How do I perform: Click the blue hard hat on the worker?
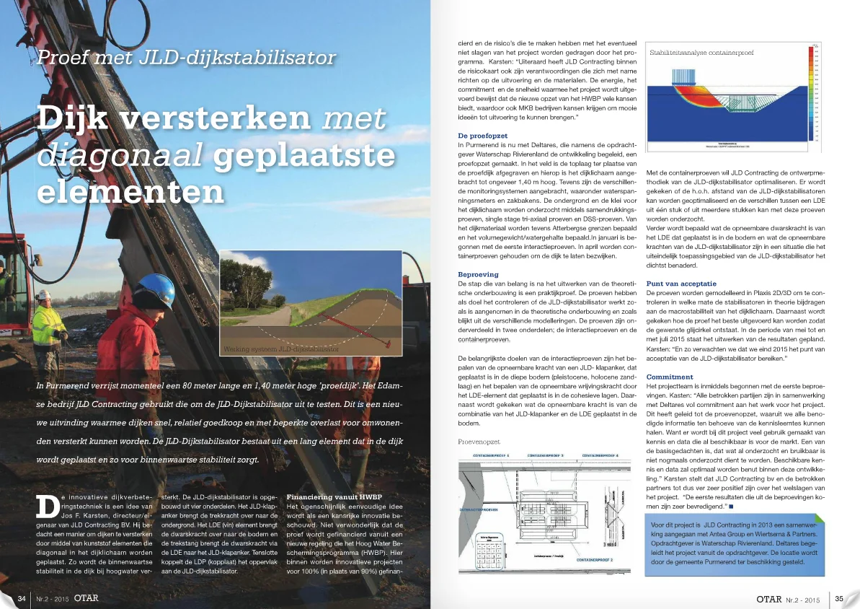pos(156,286)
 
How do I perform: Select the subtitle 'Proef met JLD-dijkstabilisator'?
pos(187,57)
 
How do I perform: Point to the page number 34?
pos(22,597)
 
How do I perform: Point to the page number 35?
pos(839,597)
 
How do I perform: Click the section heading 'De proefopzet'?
pos(483,136)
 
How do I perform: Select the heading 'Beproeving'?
pos(477,275)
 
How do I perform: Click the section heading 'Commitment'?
pos(670,377)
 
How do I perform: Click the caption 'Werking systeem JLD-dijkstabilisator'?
pos(282,349)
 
